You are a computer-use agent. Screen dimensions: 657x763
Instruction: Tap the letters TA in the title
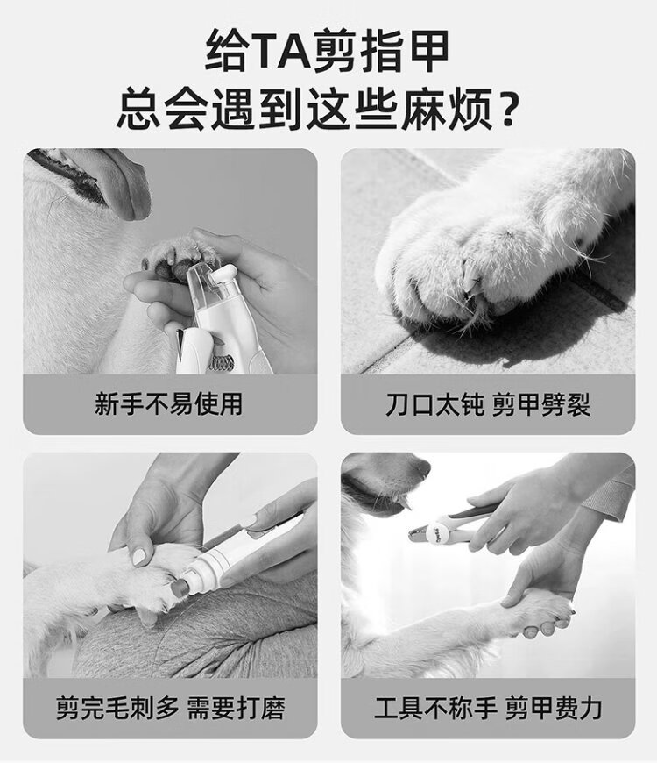pos(283,51)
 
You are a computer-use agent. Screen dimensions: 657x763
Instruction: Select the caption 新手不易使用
pos(168,404)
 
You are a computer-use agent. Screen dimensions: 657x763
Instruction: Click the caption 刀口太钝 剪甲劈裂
pos(488,404)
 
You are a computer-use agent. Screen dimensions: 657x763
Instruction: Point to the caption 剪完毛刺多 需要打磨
pos(170,708)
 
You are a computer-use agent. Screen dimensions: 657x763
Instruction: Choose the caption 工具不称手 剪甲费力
pos(488,708)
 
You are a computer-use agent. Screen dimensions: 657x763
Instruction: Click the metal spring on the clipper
pos(222,361)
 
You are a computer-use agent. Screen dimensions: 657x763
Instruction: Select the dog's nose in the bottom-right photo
pos(417,466)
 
